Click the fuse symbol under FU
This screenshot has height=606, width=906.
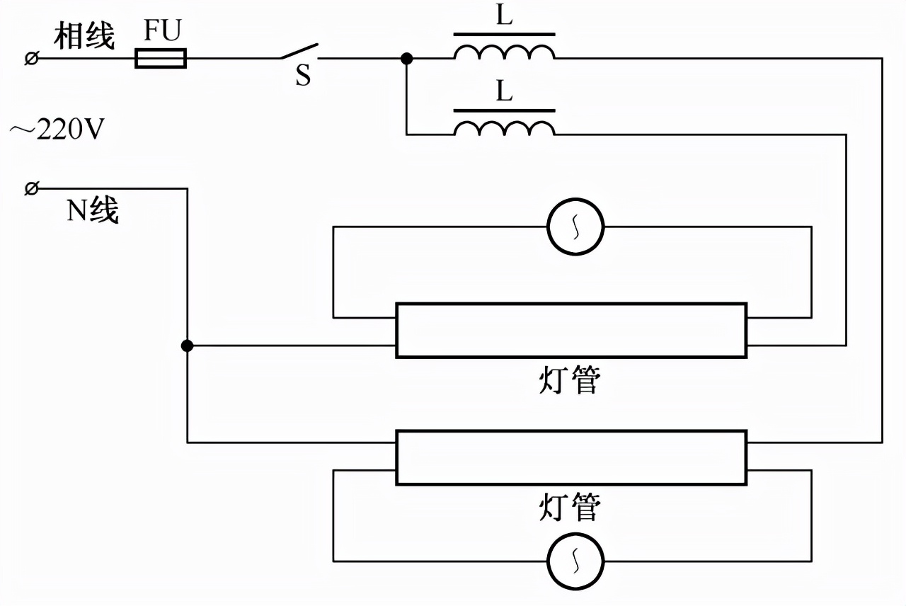coord(161,58)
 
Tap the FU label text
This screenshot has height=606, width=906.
coord(162,31)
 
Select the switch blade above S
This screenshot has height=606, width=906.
coord(298,51)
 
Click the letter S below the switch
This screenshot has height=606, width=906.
coord(303,76)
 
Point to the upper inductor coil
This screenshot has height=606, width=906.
coord(504,53)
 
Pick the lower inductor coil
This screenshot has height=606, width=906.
coord(504,128)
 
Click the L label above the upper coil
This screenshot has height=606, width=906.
coord(504,16)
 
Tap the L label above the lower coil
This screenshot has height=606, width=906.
coord(504,91)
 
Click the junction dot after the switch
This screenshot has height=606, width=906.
coord(406,58)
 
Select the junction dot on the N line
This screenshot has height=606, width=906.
coord(187,345)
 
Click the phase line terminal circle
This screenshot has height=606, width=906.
coord(31,58)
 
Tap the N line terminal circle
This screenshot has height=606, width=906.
coord(31,188)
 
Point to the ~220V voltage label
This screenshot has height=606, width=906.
coord(57,130)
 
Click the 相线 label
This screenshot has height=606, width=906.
coord(84,36)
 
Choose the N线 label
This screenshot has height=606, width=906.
coord(93,210)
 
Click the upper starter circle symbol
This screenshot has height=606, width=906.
coord(575,227)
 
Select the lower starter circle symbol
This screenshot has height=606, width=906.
coord(575,561)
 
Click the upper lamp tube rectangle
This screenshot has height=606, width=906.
coord(570,331)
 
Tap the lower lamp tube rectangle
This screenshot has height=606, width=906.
coord(570,457)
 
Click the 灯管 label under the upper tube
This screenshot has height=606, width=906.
coord(570,382)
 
